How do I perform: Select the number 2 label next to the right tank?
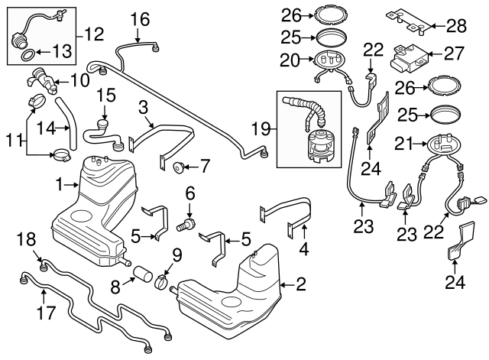pos(300,286)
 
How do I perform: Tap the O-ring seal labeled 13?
pos(24,55)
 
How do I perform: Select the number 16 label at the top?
pos(140,18)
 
